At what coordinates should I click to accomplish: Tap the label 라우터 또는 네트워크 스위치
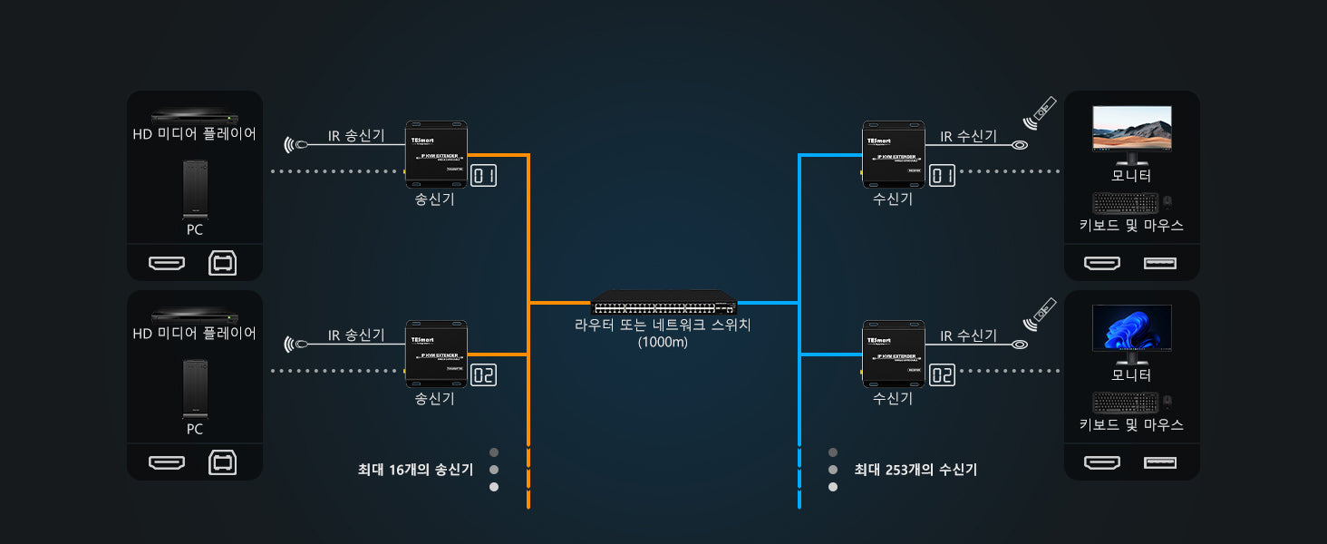(663, 325)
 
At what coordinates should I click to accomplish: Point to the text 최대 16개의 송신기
(415, 470)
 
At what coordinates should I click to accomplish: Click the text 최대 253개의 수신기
(915, 470)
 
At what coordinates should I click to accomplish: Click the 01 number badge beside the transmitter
(484, 175)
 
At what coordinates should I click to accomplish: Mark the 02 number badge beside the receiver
(943, 374)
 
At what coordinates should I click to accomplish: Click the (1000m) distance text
(663, 342)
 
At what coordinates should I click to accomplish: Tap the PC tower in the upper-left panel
(195, 190)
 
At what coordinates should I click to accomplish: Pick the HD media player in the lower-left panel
(195, 315)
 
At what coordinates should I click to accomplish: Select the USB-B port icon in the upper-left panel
(222, 264)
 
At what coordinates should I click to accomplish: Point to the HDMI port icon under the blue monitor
(1102, 463)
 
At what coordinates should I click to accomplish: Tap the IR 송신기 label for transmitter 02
(356, 335)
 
